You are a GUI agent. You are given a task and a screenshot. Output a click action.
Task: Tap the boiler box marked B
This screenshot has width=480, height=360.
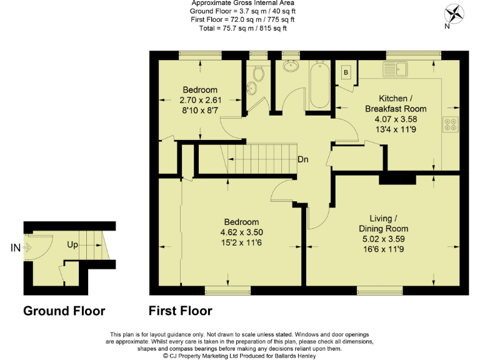[345, 72]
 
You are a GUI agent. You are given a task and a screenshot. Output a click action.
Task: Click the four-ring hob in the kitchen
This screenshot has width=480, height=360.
[451, 124]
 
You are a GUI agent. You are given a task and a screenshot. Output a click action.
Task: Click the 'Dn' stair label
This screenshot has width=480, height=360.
[302, 159]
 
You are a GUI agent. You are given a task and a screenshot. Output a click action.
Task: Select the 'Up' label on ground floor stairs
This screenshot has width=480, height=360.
[72, 245]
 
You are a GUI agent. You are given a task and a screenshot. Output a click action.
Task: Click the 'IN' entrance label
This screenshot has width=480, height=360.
[16, 248]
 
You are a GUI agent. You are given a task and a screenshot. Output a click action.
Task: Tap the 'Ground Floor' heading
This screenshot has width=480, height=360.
[64, 311]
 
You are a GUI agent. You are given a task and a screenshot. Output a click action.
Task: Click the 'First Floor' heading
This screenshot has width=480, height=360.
[180, 311]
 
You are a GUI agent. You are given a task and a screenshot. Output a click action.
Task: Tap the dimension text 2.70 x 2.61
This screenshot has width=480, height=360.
[200, 100]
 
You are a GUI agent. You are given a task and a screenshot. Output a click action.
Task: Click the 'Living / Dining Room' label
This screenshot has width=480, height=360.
[384, 223]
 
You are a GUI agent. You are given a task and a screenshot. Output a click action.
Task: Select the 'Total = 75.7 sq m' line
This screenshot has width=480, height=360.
[243, 28]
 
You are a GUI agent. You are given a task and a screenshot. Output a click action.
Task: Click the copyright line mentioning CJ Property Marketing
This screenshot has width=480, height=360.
[240, 356]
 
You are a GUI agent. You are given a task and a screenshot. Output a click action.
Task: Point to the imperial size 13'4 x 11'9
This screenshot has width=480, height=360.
[396, 129]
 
